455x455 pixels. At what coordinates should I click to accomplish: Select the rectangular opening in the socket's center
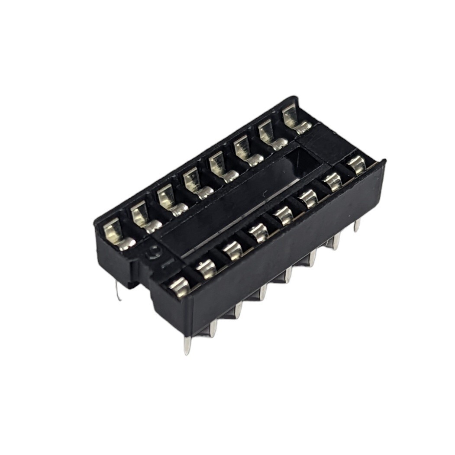pyautogui.click(x=242, y=203)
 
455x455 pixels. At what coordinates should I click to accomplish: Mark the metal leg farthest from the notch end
pyautogui.click(x=357, y=225)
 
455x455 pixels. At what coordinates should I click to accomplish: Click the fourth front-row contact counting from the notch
pyautogui.click(x=259, y=232)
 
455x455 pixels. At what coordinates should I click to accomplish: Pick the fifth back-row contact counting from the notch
pyautogui.click(x=221, y=168)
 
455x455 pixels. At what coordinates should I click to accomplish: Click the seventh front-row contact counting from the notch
pyautogui.click(x=333, y=182)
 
